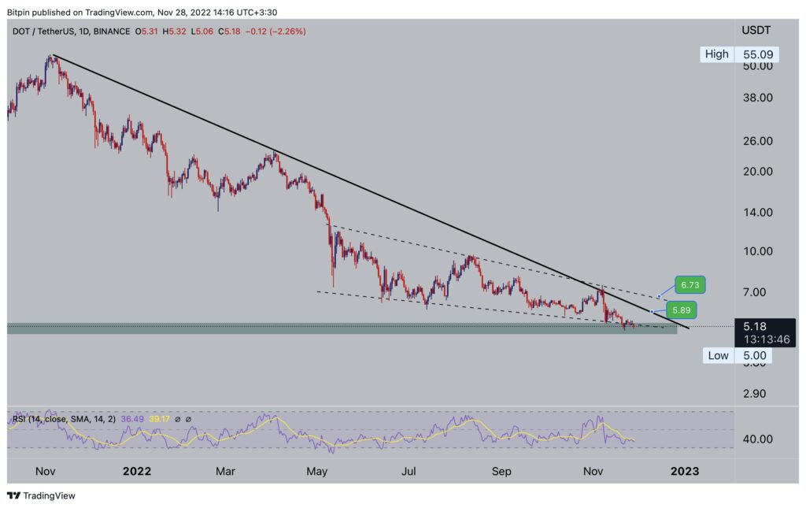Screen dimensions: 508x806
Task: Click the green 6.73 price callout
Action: point(690,284)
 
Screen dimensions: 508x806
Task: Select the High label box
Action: point(717,54)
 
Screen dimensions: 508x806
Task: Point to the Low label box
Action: point(718,355)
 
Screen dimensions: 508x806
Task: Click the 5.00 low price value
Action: point(754,355)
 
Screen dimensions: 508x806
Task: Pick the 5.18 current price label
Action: point(754,325)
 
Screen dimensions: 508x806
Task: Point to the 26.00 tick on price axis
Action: point(756,141)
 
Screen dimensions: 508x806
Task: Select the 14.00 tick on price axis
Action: point(756,213)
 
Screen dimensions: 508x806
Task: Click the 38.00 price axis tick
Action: point(756,98)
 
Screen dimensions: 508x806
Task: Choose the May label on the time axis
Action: point(316,472)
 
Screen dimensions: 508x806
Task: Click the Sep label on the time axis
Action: point(501,472)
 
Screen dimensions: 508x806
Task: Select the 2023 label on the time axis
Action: point(684,472)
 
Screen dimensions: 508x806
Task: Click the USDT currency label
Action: point(756,31)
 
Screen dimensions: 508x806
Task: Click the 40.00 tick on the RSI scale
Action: point(756,439)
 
